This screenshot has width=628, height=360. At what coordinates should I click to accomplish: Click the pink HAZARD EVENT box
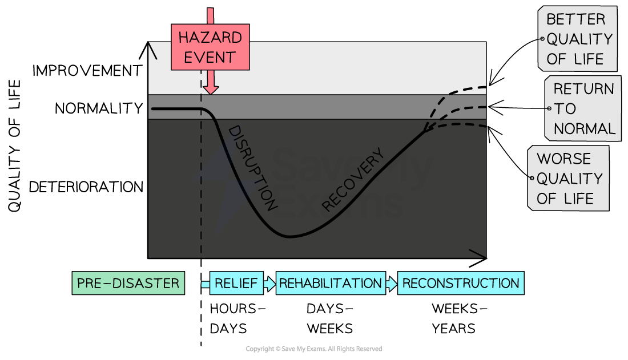(x=210, y=47)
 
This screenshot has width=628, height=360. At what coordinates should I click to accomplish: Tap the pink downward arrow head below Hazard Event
(x=211, y=88)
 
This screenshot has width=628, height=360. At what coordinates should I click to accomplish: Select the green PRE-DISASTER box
(x=128, y=283)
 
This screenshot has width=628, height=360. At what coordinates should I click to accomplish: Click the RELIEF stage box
(x=236, y=283)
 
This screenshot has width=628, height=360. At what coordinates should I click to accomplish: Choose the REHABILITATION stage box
(x=330, y=283)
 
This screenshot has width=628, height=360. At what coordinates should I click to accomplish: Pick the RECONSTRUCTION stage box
(x=460, y=283)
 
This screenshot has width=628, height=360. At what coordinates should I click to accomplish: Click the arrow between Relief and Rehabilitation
(x=269, y=284)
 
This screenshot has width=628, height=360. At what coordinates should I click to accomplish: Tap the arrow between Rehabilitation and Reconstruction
(x=391, y=284)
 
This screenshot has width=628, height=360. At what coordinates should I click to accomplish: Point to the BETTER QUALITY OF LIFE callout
(x=577, y=39)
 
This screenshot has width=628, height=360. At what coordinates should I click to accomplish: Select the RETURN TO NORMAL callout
(x=582, y=108)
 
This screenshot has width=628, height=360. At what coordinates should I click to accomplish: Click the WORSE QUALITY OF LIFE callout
(x=568, y=178)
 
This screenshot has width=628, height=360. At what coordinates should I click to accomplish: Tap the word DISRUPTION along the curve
(x=253, y=168)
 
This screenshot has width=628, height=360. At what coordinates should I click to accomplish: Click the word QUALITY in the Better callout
(x=579, y=39)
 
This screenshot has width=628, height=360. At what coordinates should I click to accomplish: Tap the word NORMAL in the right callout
(x=584, y=129)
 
